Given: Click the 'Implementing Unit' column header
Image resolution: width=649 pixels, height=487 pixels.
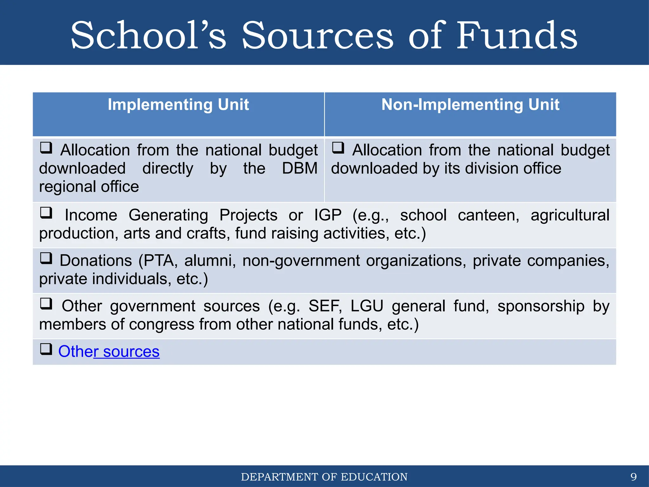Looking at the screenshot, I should pos(178,105).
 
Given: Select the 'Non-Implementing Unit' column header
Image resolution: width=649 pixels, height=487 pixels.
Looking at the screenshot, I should pos(470,105).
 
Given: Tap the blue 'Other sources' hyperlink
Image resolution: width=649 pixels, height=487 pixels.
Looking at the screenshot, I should pos(109,351).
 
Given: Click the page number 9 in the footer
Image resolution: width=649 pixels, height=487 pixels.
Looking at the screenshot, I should pos(633,477).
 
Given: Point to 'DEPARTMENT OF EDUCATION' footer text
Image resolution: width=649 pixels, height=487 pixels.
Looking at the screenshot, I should pos(324,477).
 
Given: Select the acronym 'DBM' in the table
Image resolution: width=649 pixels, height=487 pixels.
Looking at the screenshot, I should pos(300,168).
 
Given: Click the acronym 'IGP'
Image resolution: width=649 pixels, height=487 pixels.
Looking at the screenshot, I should pos(328,215).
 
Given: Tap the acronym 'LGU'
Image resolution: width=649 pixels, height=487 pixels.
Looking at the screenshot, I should pos(367,306).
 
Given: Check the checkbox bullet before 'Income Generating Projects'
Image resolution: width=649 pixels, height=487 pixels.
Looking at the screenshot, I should pos(46,212).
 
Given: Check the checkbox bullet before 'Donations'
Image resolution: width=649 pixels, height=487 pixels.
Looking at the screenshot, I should pos(46,258).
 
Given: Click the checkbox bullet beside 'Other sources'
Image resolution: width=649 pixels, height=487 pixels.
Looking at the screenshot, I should pos(46,349).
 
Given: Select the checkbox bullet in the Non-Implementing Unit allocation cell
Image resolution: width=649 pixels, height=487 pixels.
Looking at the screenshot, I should pos(338,147).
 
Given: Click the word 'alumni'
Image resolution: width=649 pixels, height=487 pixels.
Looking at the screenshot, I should pos(210,261).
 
